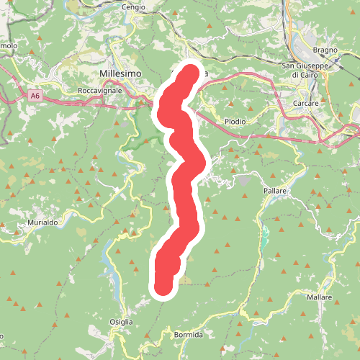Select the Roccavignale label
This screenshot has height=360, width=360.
[x=102, y=91]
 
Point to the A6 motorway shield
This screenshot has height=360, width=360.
[x=35, y=94]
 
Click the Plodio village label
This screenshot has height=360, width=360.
[x=235, y=122]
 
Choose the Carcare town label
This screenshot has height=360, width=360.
[x=306, y=103]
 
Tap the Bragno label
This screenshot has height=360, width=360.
[x=325, y=50]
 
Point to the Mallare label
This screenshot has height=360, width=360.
[x=319, y=297]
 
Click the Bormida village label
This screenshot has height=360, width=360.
[x=189, y=335]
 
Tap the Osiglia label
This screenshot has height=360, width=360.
[x=121, y=321]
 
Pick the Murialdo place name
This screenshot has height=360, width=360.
[x=42, y=223]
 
